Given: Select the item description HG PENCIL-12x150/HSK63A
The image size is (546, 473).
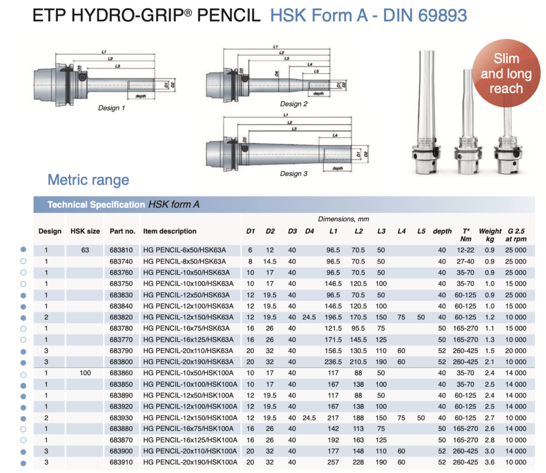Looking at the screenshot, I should [x=188, y=317].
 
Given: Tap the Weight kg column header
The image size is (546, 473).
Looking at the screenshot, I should [x=490, y=235].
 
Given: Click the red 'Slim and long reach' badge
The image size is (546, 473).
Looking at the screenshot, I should [x=506, y=73].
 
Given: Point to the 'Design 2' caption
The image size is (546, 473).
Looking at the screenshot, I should [x=294, y=104].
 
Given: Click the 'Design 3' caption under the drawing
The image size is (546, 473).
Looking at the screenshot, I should [x=294, y=173].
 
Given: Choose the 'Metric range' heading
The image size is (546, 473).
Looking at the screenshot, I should [x=88, y=179].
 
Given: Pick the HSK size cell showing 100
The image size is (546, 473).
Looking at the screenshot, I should [x=85, y=373].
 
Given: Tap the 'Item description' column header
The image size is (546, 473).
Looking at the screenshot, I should [x=169, y=231].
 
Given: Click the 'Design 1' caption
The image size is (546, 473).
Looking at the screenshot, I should [x=111, y=108].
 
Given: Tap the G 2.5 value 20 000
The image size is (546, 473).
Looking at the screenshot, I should [x=516, y=351].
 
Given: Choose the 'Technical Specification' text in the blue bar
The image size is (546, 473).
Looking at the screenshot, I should [x=96, y=205].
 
